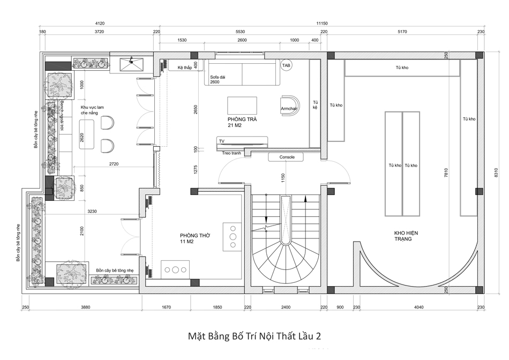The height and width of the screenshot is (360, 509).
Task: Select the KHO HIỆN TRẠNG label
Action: coord(406,236)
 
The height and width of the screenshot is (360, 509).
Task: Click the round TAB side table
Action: coord(286,65)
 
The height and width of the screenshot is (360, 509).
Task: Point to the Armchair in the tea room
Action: coord(289,105)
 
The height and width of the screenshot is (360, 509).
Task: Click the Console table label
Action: coord(287,157)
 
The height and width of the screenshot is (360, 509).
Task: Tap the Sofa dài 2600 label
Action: coord(218,79)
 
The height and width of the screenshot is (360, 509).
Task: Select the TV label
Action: coord(222,141)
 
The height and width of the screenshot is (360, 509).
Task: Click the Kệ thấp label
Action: coord(185,67)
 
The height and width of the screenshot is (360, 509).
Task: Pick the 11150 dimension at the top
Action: coord(321,24)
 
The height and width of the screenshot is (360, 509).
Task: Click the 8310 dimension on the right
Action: coord(496,172)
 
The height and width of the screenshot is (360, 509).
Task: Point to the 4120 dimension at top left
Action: coord(100,24)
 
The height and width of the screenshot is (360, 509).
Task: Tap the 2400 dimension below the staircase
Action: coord(286,307)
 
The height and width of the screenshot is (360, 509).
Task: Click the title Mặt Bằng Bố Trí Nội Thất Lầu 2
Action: coord(254,336)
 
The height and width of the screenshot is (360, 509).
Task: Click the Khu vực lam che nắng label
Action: coord(92,110)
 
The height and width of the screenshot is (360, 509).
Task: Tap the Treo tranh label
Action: coord(231,153)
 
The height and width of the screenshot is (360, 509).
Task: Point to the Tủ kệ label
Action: coord(315,104)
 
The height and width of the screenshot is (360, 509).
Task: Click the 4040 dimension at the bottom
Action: coord(419,307)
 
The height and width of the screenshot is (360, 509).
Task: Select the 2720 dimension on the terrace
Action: coord(114,164)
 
